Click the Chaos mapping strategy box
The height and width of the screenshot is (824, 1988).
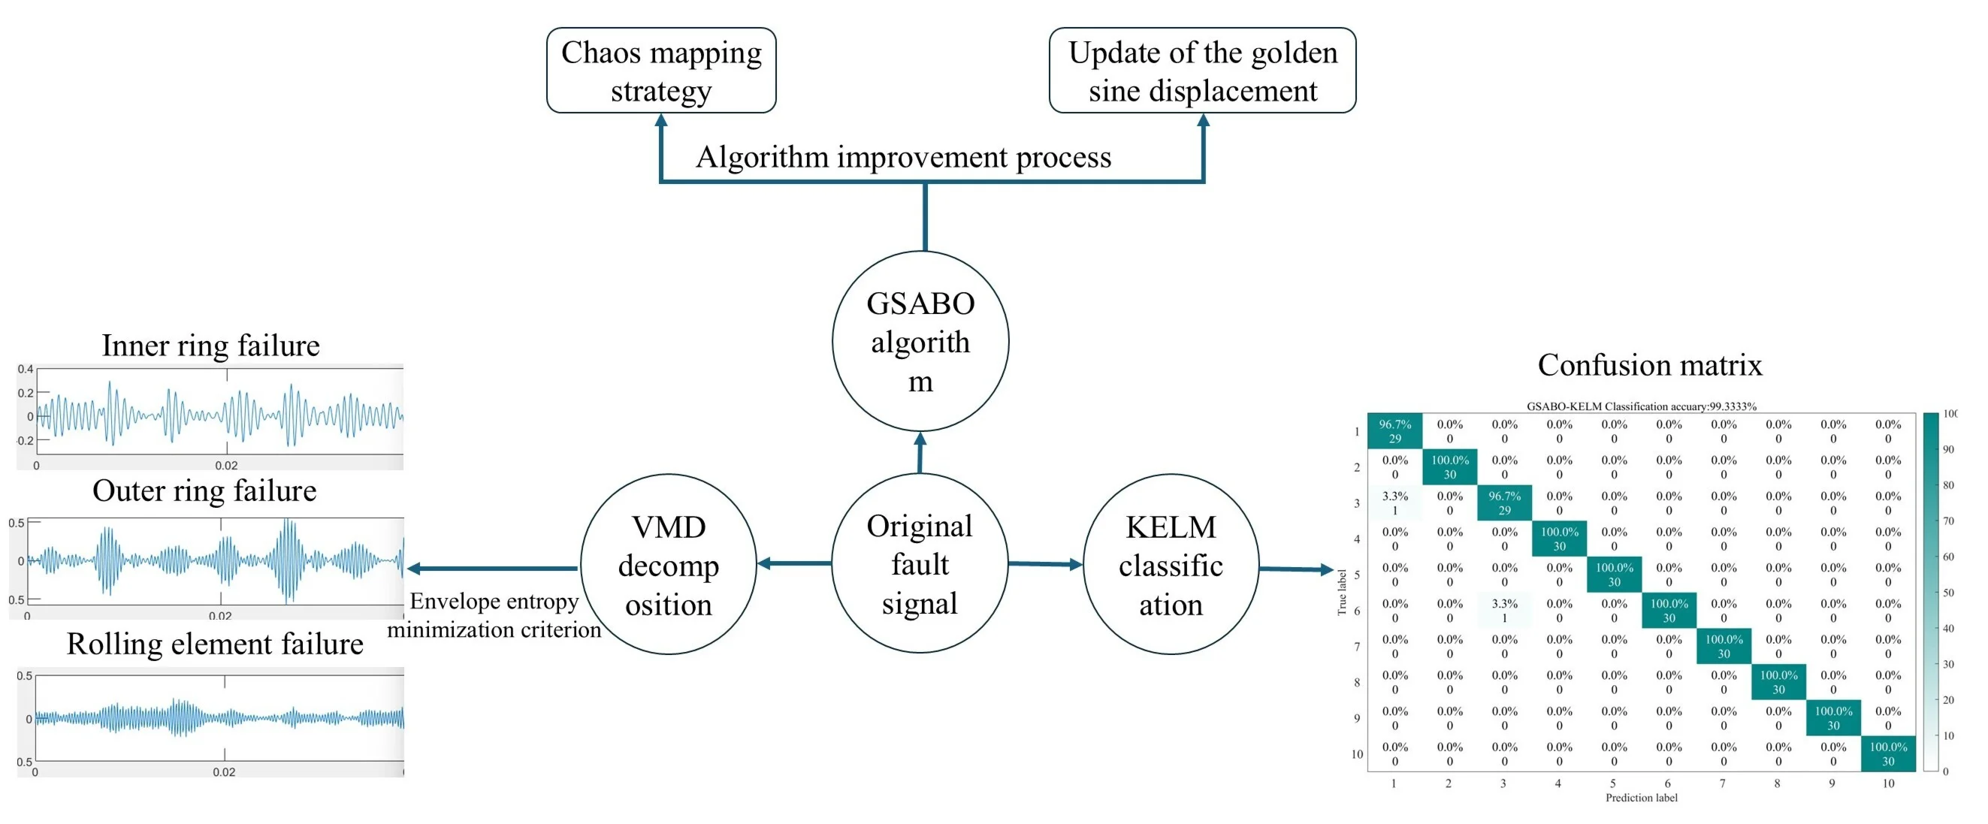[660, 70]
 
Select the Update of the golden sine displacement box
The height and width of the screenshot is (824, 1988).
[1201, 70]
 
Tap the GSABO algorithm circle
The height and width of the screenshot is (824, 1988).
[920, 341]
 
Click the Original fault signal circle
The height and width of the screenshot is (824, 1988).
[919, 564]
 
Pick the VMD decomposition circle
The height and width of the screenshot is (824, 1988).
[669, 565]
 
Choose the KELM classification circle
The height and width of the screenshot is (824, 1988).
[1170, 565]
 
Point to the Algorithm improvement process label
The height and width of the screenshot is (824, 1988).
[903, 157]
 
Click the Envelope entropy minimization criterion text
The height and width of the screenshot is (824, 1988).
[494, 615]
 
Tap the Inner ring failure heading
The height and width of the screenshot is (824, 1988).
[210, 345]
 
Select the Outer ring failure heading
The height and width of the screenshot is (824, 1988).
[204, 490]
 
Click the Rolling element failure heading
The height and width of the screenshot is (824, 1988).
[215, 644]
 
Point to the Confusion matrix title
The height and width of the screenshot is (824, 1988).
[1649, 364]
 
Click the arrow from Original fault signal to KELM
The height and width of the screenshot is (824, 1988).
[1045, 564]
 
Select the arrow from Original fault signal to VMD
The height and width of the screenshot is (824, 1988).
[794, 563]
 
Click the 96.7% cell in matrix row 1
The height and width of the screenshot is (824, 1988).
[1394, 431]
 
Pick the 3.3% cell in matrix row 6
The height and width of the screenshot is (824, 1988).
[1503, 610]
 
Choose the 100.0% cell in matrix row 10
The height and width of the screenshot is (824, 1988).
[1887, 753]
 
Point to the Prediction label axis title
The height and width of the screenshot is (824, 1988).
[1641, 798]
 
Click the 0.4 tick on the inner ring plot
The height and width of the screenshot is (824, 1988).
[26, 369]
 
